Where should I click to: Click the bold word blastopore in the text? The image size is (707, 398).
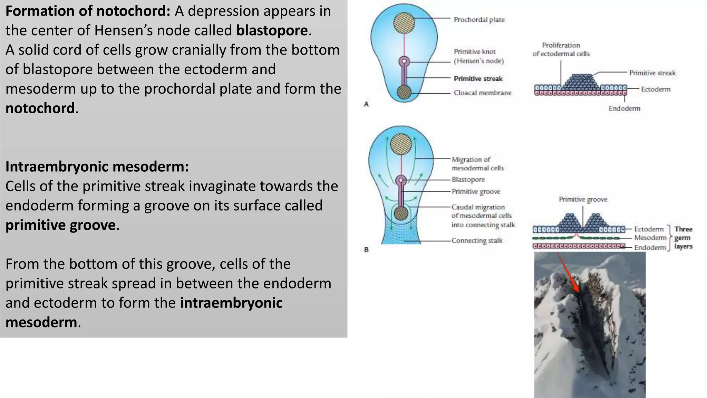click(272, 30)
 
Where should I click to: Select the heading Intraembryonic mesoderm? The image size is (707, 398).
click(97, 167)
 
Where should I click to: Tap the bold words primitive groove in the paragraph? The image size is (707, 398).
click(60, 225)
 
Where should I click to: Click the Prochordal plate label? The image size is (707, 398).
click(479, 20)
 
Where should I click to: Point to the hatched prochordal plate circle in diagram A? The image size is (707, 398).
click(404, 23)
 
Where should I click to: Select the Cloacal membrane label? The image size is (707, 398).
click(482, 93)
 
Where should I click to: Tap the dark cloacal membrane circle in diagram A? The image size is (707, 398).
click(404, 92)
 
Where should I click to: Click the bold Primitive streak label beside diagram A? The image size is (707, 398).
click(478, 78)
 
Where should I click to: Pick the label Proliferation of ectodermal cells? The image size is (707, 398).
click(561, 49)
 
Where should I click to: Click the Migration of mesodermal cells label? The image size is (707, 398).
click(477, 164)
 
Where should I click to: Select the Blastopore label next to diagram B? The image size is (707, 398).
click(468, 179)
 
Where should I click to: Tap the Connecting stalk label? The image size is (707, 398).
click(477, 240)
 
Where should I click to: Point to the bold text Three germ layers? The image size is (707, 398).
click(683, 238)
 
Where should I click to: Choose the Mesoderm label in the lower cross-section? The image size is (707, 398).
click(650, 238)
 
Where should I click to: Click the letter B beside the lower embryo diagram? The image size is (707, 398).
click(366, 249)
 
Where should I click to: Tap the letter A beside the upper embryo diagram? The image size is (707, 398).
click(366, 104)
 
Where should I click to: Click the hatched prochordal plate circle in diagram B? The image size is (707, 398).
click(401, 144)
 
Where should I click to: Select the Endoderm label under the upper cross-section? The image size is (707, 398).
click(624, 108)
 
